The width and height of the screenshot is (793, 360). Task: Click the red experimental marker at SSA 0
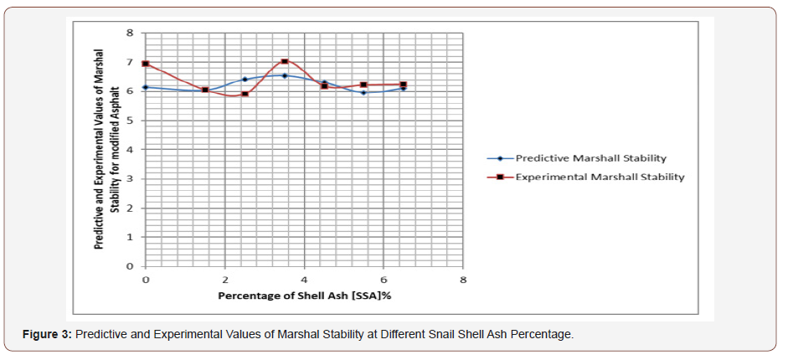pyautogui.click(x=146, y=64)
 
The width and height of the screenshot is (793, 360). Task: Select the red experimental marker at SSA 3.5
pyautogui.click(x=285, y=61)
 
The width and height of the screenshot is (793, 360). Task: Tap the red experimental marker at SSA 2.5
pyautogui.click(x=245, y=94)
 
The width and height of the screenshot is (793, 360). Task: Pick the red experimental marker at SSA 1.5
pyautogui.click(x=205, y=90)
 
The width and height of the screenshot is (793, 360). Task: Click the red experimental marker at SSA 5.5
pyautogui.click(x=363, y=85)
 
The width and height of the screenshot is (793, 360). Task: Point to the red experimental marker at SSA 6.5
pyautogui.click(x=403, y=85)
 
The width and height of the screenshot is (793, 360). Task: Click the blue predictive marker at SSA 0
pyautogui.click(x=146, y=87)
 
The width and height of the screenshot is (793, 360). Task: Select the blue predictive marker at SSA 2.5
pyautogui.click(x=245, y=80)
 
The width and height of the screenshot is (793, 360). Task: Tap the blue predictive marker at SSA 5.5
pyautogui.click(x=363, y=92)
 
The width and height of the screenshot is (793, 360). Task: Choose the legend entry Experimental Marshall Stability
pyautogui.click(x=600, y=177)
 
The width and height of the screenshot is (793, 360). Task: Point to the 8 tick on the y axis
pyautogui.click(x=130, y=33)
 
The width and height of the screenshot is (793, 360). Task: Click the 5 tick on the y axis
pyautogui.click(x=130, y=121)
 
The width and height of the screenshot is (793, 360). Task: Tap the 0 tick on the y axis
pyautogui.click(x=130, y=266)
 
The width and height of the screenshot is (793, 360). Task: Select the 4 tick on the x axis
pyautogui.click(x=304, y=279)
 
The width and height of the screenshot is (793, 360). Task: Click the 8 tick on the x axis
pyautogui.click(x=462, y=279)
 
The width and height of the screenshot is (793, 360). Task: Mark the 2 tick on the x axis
pyautogui.click(x=224, y=279)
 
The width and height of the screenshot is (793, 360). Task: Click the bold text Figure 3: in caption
pyautogui.click(x=48, y=335)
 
